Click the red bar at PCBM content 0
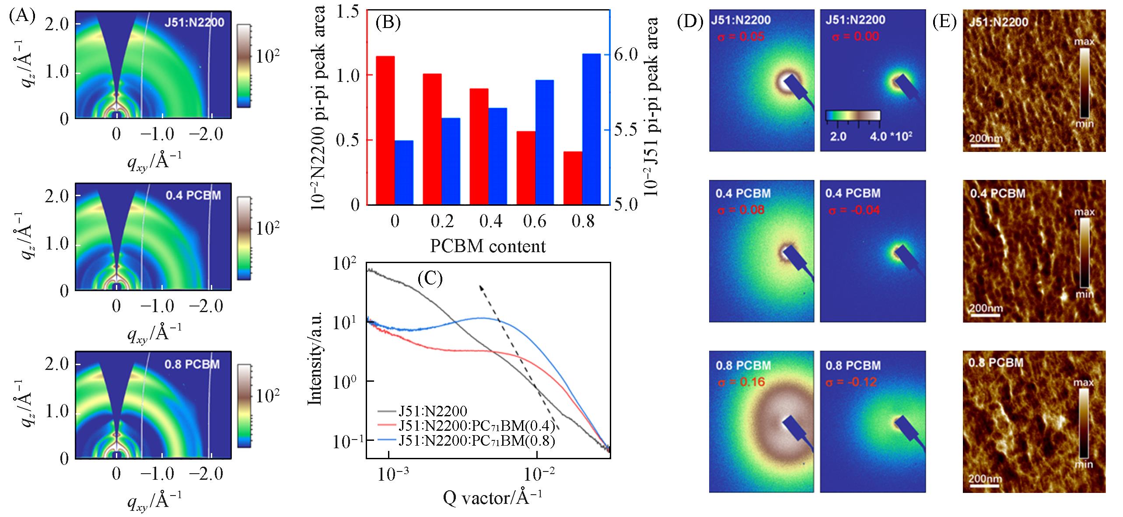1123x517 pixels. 385,130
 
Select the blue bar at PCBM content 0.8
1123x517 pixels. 591,129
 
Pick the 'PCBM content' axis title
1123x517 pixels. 488,246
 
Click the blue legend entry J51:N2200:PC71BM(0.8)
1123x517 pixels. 477,441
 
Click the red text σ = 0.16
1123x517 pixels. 741,382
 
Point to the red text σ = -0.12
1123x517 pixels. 851,382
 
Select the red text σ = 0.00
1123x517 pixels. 853,36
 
